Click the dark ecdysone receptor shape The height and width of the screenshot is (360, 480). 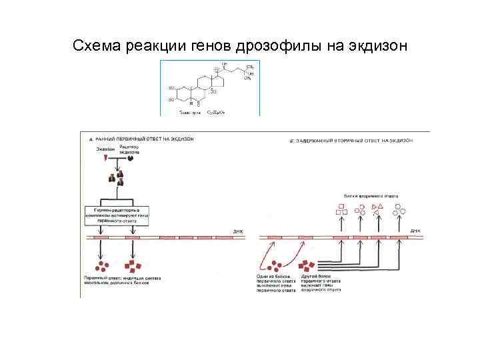(131, 159)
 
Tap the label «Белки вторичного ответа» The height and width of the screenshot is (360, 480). (371, 197)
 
